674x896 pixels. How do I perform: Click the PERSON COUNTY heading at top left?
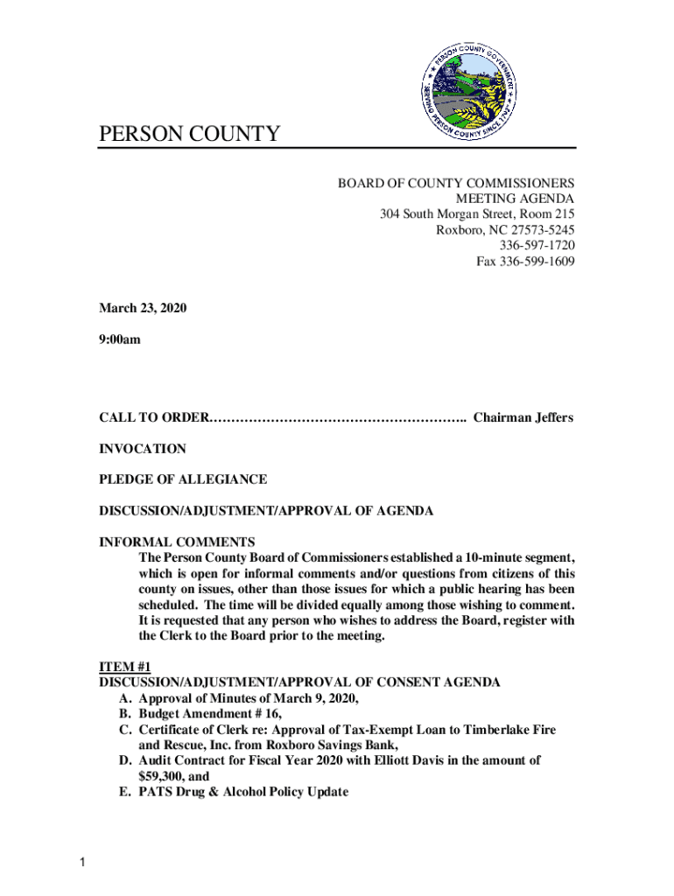[x=189, y=134]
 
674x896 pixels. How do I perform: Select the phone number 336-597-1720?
[x=537, y=246]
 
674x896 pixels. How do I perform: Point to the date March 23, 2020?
[x=143, y=309]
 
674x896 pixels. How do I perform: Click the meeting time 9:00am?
[x=119, y=340]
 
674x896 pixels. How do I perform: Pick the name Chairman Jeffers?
[x=523, y=417]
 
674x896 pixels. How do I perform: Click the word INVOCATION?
[x=143, y=449]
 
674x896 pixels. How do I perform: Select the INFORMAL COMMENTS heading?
[x=177, y=542]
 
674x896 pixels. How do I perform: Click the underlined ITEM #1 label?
[x=125, y=667]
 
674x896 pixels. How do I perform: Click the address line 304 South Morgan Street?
[x=477, y=214]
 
